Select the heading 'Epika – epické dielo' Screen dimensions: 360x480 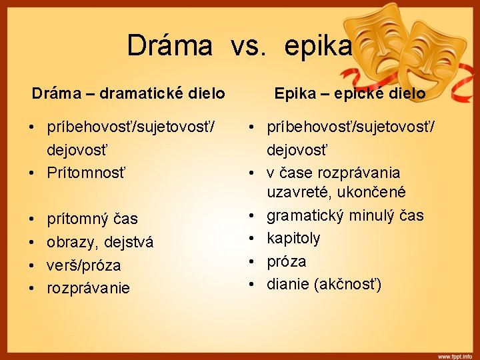(350, 93)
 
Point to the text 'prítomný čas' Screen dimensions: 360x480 (92, 219)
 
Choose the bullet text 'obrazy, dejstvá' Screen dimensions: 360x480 (100, 242)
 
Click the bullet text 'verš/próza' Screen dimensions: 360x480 (84, 265)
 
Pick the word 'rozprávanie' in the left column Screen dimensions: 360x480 (88, 289)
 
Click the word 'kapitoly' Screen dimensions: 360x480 (293, 238)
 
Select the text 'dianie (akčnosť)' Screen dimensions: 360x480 (324, 285)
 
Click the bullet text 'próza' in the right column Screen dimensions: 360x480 (287, 261)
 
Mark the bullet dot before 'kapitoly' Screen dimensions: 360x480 (253, 239)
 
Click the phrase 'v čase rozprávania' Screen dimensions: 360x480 (333, 173)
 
